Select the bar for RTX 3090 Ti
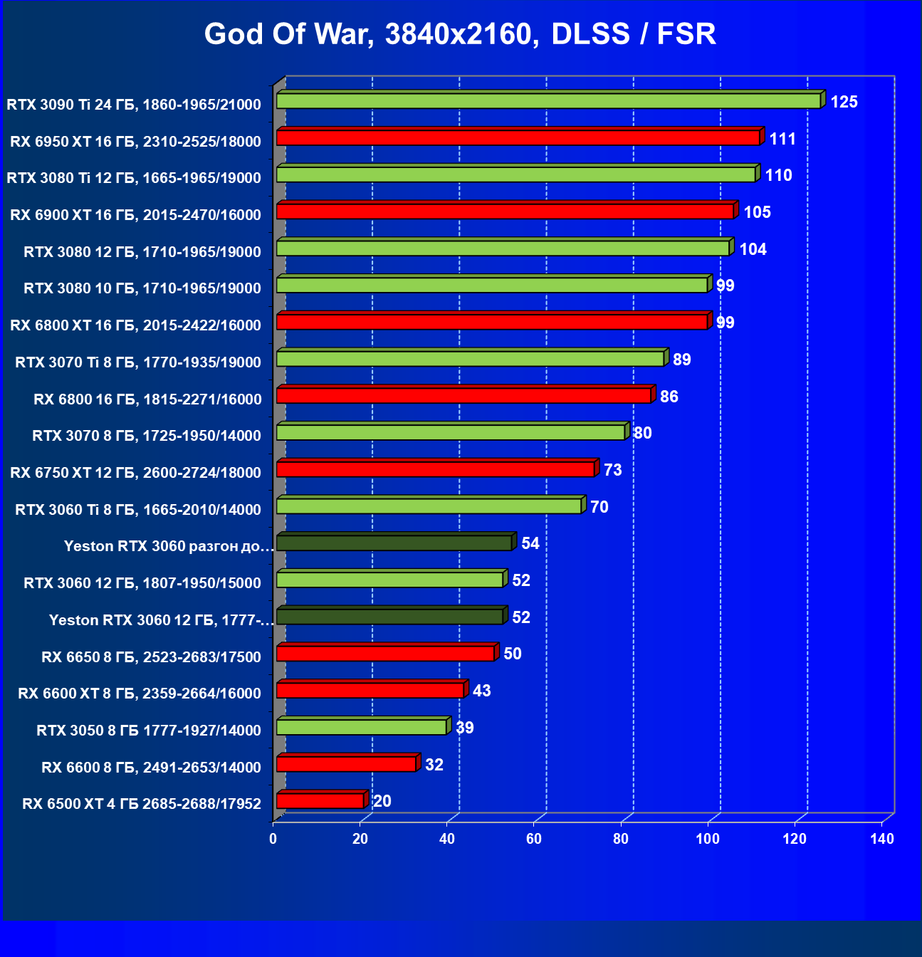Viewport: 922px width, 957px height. click(548, 101)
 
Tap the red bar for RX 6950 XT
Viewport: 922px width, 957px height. click(518, 138)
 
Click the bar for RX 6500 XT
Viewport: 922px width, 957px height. click(320, 801)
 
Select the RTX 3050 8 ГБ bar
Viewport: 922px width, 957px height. click(361, 727)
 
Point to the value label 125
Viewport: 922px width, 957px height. click(844, 102)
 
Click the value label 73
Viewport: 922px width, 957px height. click(612, 470)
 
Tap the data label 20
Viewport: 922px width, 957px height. click(382, 801)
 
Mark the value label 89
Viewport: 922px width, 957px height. click(681, 360)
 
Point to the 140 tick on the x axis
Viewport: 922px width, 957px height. click(881, 839)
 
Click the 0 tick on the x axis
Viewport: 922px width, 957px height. click(273, 839)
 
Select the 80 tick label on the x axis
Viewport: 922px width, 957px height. click(621, 839)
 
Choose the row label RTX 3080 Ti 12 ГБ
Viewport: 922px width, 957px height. click(134, 178)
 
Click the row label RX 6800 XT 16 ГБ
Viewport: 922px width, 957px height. click(135, 325)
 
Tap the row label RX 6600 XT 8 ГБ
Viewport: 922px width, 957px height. click(140, 694)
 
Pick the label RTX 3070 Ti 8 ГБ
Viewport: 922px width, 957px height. click(138, 362)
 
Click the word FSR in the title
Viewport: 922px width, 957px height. click(686, 34)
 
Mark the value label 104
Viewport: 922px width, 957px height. click(753, 249)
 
